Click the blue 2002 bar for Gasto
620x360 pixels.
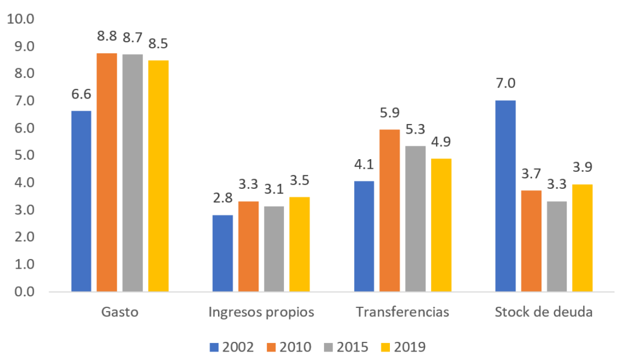pos(81,201)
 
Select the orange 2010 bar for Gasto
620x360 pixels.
pos(107,172)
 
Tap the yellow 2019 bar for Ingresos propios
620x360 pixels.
pos(299,244)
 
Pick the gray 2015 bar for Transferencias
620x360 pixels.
pos(415,218)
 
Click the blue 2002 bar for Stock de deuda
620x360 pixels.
pos(505,196)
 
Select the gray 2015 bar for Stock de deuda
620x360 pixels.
pos(556,246)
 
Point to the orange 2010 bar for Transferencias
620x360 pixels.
pos(390,211)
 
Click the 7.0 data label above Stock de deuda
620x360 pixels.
pos(505,83)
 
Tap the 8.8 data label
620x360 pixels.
pos(107,36)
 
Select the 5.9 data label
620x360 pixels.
pos(390,113)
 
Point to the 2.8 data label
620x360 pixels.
pos(222,198)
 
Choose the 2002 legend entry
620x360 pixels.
pos(232,347)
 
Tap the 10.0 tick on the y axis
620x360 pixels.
pos(21,19)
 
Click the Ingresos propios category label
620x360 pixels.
pos(261,312)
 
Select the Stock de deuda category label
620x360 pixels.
pos(543,312)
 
